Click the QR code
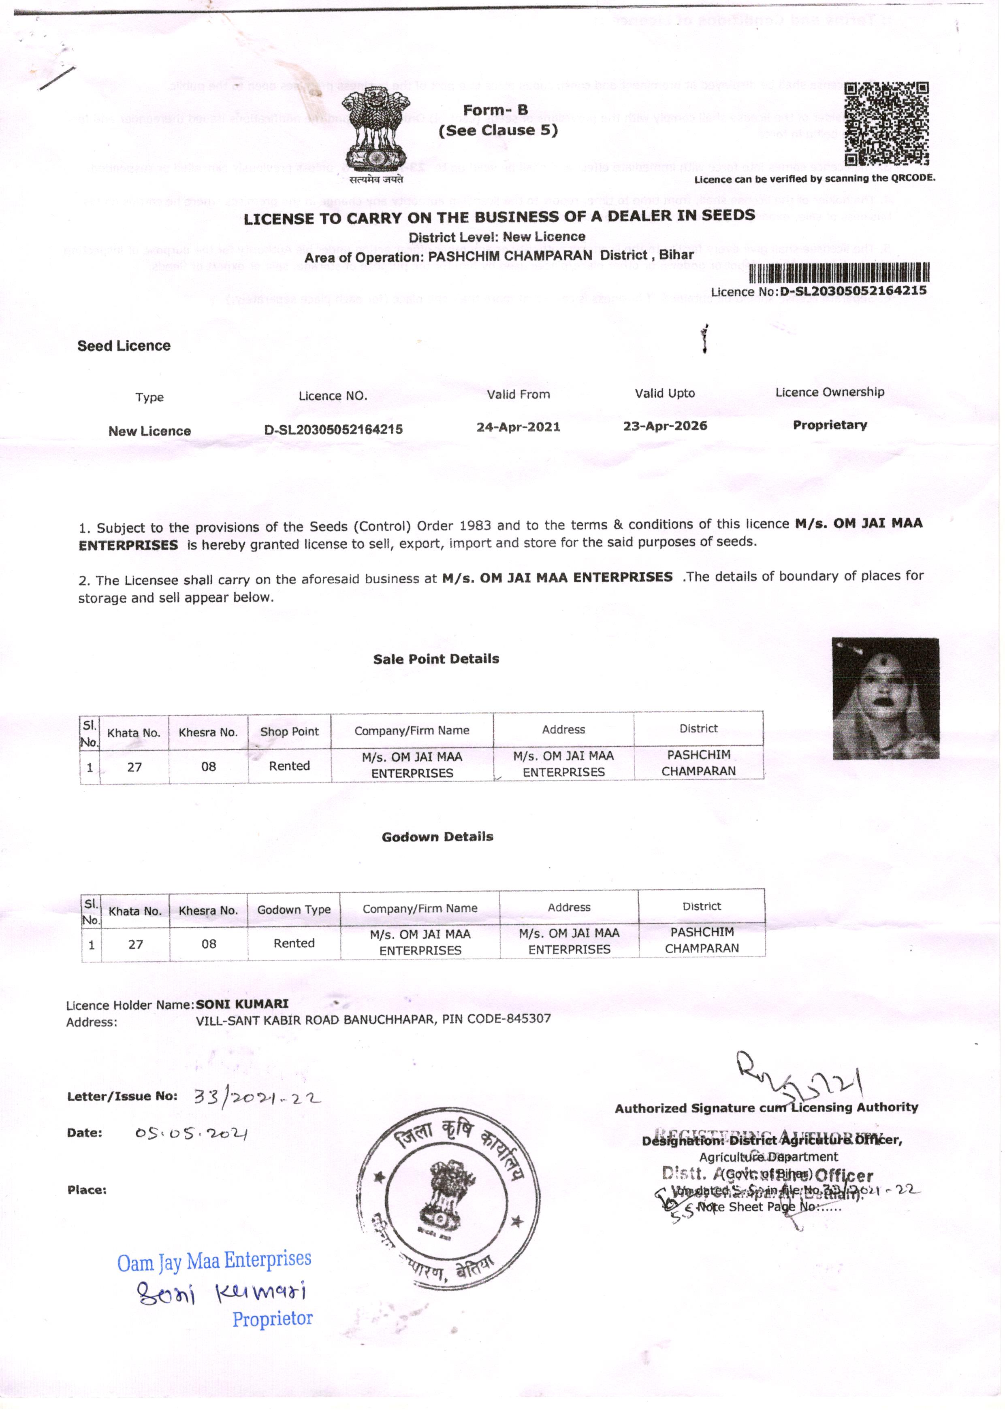pos(886,123)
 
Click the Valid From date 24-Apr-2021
pos(518,427)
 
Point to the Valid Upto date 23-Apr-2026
pos(665,426)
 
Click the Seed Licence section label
pos(124,346)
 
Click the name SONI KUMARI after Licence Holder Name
pos(242,1003)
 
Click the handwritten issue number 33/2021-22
pos(257,1097)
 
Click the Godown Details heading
pos(437,837)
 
